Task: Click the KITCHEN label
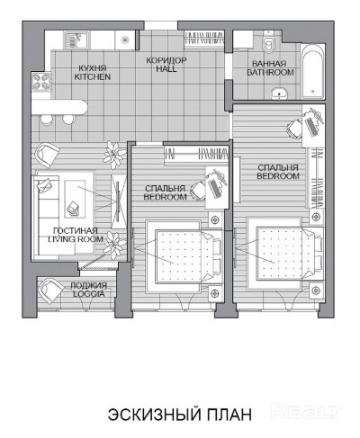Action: pos(93,76)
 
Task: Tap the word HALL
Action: pos(166,68)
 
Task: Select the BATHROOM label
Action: pos(270,72)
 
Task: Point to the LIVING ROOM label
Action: pos(76,239)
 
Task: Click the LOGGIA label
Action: pos(89,294)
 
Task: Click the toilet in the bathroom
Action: pos(268,43)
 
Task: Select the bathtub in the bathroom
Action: pos(313,71)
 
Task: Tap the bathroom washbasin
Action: pos(280,94)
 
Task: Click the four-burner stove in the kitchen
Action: pos(40,81)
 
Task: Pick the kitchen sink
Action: pos(76,40)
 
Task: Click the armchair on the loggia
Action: pos(51,291)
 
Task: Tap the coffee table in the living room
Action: pos(75,199)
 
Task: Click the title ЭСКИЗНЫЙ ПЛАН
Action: pos(180,415)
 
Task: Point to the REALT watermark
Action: pos(306,411)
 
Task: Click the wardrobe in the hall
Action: pos(204,39)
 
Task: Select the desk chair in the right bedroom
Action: pos(294,129)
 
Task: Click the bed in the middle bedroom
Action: pos(184,256)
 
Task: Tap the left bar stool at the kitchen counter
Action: pos(47,120)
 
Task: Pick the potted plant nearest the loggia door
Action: pos(113,245)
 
